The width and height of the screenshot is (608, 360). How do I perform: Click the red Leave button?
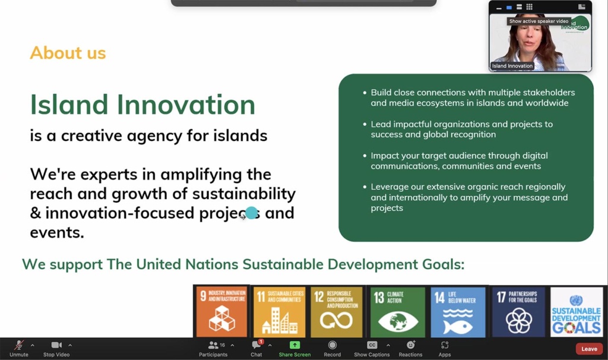(589, 349)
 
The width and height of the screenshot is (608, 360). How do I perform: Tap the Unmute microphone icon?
(19, 345)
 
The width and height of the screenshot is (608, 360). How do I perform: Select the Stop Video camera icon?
(56, 345)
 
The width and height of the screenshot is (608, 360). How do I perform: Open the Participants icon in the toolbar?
(213, 345)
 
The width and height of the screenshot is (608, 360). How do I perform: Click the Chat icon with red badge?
(256, 345)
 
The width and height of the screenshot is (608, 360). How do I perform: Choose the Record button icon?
(332, 345)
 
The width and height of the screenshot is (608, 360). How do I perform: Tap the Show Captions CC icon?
(372, 345)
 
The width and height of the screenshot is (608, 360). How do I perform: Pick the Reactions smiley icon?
(410, 345)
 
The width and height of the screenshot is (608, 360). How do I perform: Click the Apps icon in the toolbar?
(445, 345)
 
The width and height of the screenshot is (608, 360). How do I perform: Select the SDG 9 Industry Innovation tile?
(221, 312)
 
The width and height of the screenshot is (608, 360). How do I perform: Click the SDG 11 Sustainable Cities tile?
(279, 312)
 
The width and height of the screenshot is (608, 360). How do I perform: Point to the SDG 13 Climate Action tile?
(397, 312)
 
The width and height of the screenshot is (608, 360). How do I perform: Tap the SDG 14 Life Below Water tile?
(457, 312)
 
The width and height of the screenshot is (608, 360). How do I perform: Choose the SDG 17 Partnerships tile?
(518, 312)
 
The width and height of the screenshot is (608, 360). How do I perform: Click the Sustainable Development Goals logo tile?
(577, 312)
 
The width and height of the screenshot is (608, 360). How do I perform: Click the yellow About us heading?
(68, 53)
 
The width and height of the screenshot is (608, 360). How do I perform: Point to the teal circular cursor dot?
(252, 213)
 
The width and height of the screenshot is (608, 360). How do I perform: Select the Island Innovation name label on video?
(512, 66)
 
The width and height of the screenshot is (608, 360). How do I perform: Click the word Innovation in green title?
(186, 105)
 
